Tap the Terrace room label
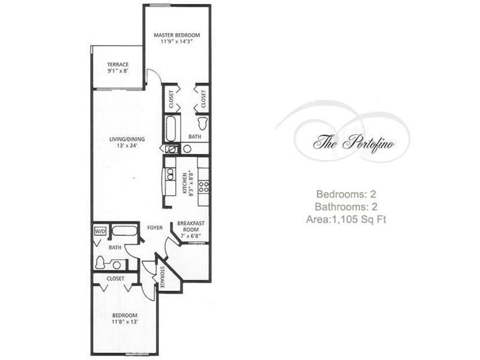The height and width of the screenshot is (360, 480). point(118,68)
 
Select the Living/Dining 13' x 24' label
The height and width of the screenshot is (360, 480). point(127,142)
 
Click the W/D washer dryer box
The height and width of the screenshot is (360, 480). point(100,231)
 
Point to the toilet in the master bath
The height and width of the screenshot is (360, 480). point(202,123)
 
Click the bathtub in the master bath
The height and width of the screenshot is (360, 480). point(170,128)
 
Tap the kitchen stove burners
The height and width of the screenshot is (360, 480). point(203,187)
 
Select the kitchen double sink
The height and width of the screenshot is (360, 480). point(170,174)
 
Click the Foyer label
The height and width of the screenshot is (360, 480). point(155,228)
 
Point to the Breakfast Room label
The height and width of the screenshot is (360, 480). point(191,230)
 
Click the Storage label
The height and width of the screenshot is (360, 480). point(162,277)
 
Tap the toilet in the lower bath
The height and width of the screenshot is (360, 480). point(100,263)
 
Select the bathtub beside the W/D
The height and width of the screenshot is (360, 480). point(124,230)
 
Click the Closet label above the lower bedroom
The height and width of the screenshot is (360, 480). point(115,278)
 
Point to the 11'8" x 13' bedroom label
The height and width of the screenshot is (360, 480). point(125,319)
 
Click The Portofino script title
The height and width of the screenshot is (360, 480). point(353,143)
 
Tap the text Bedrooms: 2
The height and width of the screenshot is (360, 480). point(346,194)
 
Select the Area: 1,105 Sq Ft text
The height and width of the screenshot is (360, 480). point(346,219)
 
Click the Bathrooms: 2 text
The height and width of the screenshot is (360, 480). point(346,206)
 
